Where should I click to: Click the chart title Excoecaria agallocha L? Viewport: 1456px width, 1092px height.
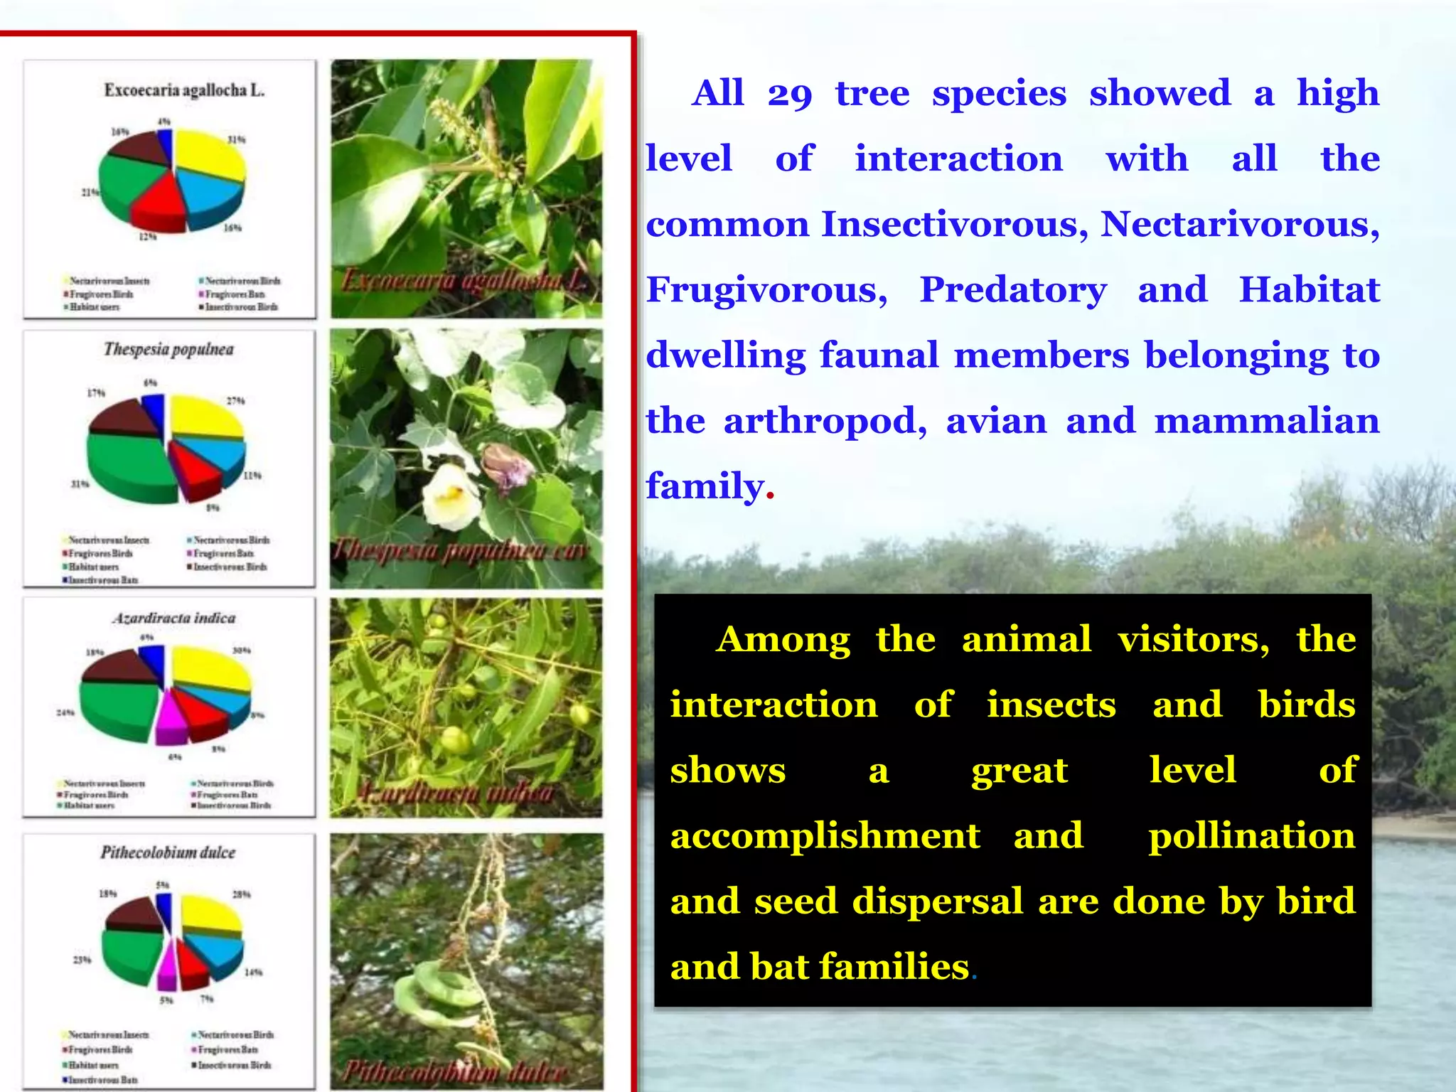click(184, 90)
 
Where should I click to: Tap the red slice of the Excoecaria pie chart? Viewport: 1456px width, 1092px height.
click(159, 206)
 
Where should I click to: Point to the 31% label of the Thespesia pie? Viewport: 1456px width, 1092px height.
click(80, 484)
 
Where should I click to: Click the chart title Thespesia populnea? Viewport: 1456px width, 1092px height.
click(168, 349)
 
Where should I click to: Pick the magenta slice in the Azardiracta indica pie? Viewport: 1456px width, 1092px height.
click(171, 725)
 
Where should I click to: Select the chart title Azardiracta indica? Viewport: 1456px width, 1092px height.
click(174, 618)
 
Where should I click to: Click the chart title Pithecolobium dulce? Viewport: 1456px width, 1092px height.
click(168, 852)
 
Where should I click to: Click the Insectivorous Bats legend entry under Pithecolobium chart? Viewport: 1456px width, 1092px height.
click(100, 1080)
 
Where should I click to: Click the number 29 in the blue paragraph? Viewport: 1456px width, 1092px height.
click(789, 94)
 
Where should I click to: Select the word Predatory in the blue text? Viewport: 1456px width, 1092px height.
click(1013, 289)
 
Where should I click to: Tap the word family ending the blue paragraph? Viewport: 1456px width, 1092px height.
click(705, 486)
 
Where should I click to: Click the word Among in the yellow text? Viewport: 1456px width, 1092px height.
click(783, 638)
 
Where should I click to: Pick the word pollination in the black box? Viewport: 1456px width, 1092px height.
click(1252, 835)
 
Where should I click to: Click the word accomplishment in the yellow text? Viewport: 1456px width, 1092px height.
click(825, 835)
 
